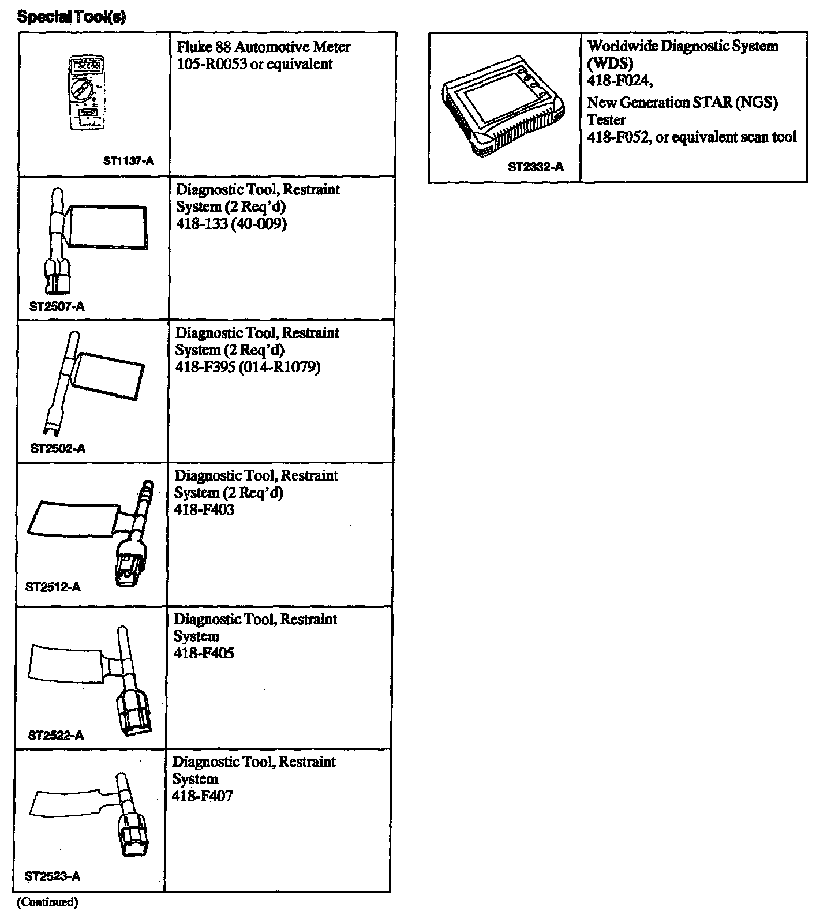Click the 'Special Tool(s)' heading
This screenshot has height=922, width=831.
(72, 17)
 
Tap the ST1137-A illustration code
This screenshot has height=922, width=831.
(128, 162)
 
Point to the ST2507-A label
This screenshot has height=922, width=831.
(57, 306)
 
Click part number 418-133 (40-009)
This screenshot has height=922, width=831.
(231, 224)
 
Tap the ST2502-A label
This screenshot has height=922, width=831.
(58, 449)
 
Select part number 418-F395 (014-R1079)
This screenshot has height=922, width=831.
(248, 367)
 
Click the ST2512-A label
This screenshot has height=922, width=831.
(53, 587)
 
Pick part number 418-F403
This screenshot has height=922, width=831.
(204, 510)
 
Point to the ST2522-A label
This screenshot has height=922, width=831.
(56, 736)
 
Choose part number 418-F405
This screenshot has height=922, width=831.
(204, 654)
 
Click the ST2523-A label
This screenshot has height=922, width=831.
(53, 877)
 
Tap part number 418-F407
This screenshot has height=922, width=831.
(203, 797)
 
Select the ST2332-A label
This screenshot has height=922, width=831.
(536, 167)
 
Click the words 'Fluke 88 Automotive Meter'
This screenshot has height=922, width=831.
(263, 47)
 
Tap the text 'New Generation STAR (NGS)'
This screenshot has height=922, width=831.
(682, 103)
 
